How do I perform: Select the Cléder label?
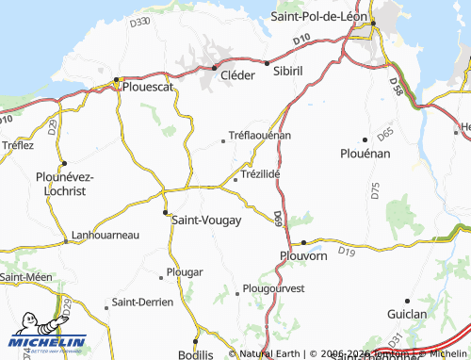click(237, 76)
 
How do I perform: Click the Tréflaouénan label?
click(261, 135)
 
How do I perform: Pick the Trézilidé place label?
click(262, 174)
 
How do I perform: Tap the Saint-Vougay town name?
click(207, 220)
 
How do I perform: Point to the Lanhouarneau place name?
click(106, 236)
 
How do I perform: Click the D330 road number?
click(139, 21)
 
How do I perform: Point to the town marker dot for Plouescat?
click(117, 80)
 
